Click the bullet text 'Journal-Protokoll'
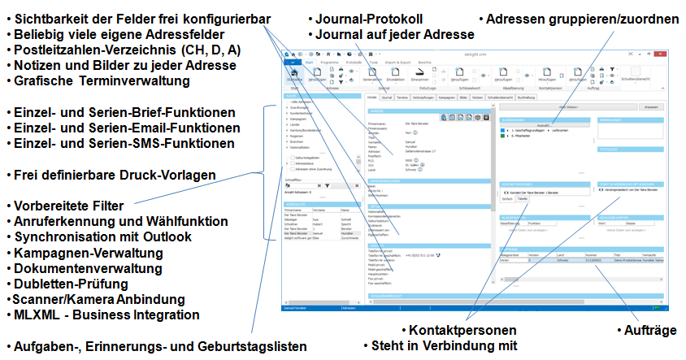[x=369, y=19]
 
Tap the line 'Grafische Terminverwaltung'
[x=102, y=81]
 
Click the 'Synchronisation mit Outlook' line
[x=102, y=236]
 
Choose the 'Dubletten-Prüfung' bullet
[x=71, y=284]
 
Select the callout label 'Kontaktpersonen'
[x=462, y=331]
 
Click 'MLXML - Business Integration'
[x=106, y=314]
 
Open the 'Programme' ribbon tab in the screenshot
[x=329, y=62]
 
